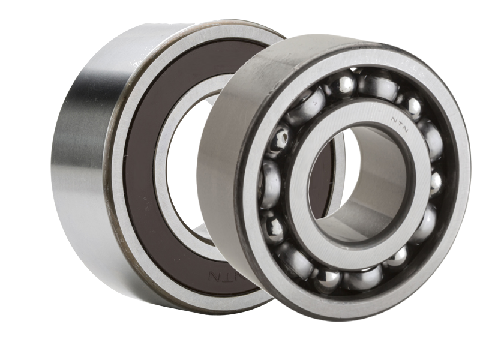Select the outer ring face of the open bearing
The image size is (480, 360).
[x=456, y=198]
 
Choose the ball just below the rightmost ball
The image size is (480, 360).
[x=425, y=224]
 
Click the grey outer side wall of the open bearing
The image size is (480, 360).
[x=222, y=180]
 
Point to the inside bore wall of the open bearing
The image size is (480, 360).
[x=384, y=198]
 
